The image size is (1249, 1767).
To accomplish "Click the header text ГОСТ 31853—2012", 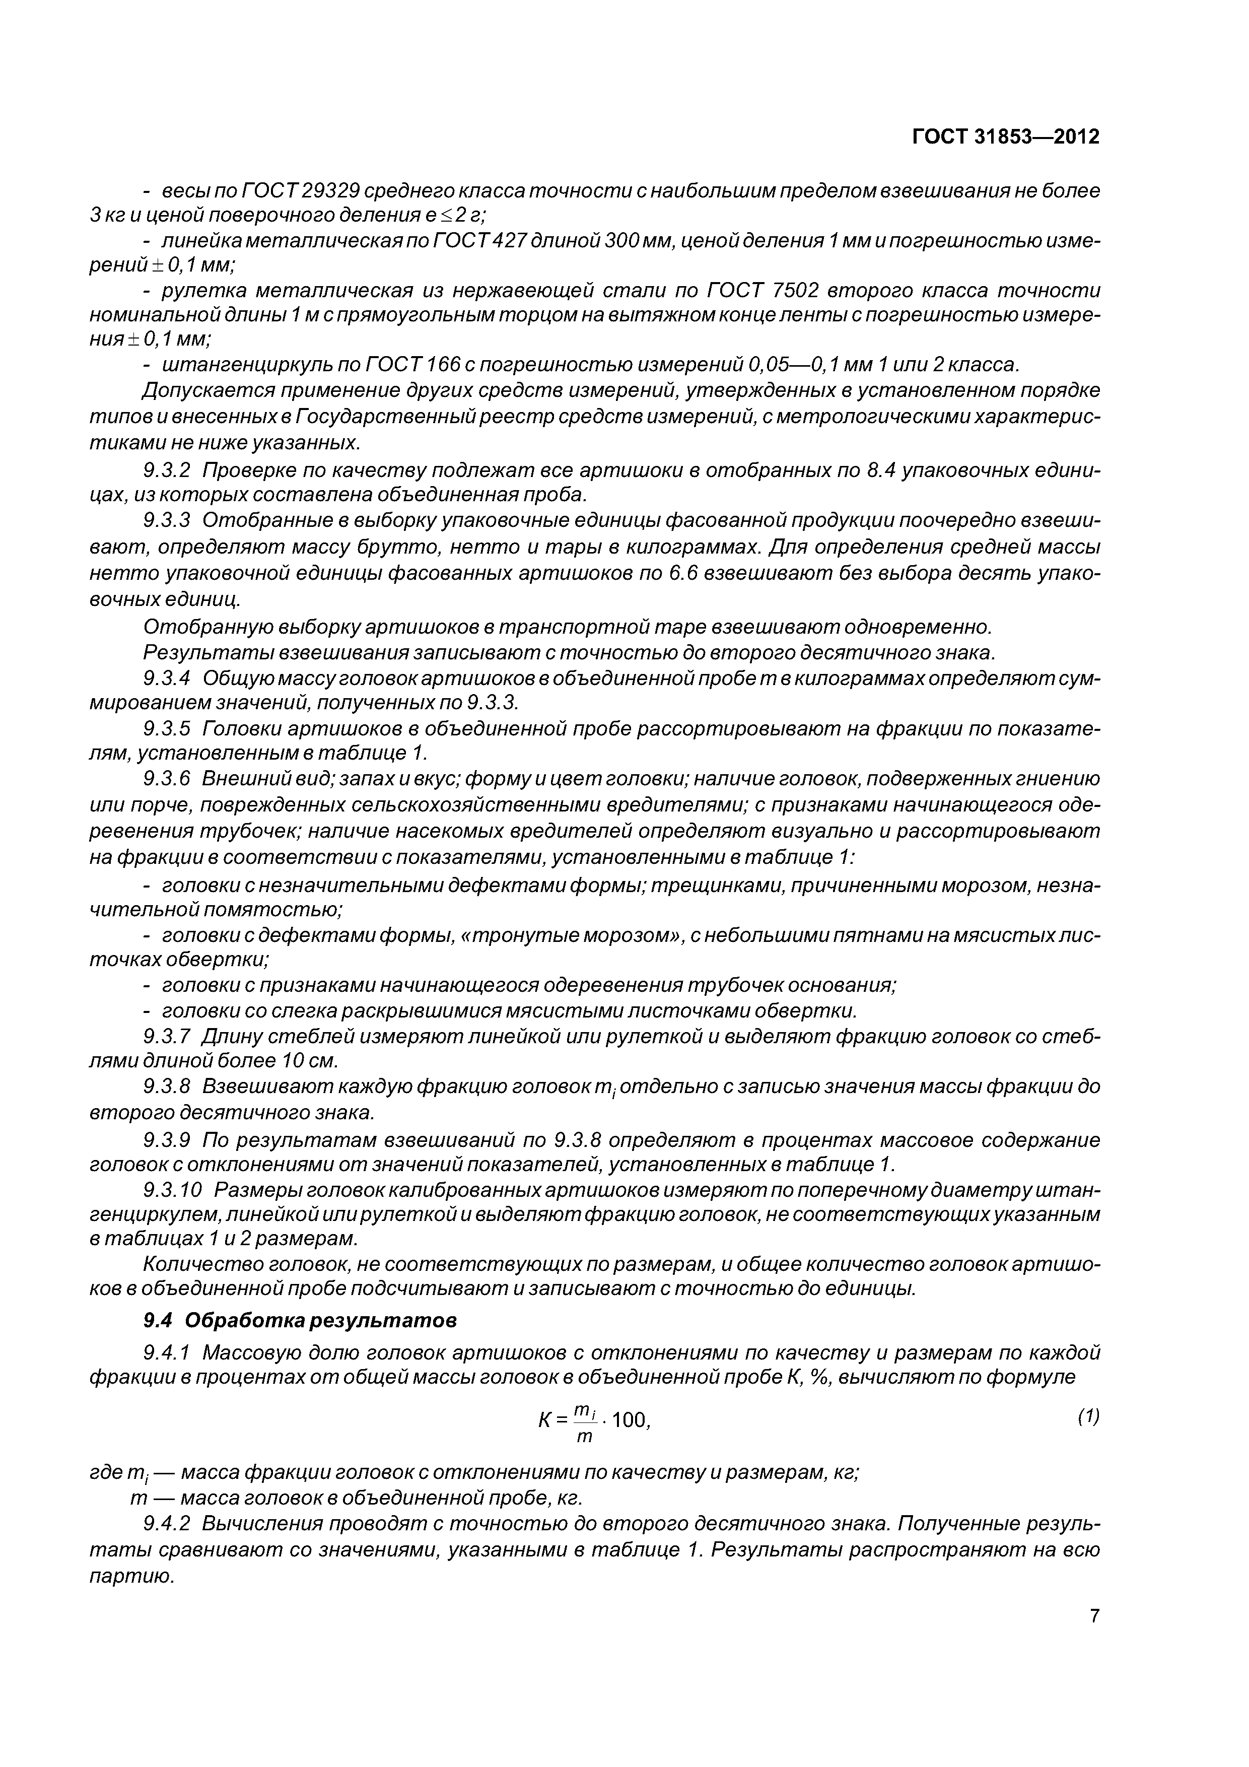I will (1005, 137).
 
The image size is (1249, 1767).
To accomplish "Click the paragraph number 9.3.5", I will (167, 728).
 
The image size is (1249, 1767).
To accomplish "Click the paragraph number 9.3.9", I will (167, 1139).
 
